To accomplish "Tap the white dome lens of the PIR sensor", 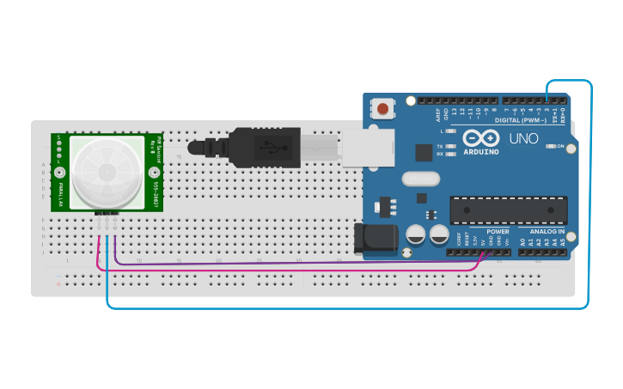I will pyautogui.click(x=107, y=171).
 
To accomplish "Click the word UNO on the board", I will pyautogui.click(x=524, y=137).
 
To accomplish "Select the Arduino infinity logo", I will pyautogui.click(x=480, y=137).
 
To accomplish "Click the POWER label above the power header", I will pyautogui.click(x=498, y=232).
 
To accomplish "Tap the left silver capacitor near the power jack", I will pyautogui.click(x=416, y=234).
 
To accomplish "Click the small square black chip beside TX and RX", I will pyautogui.click(x=423, y=153).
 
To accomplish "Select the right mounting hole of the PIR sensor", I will pyautogui.click(x=156, y=172).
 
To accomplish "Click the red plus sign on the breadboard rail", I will pyautogui.click(x=58, y=283).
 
